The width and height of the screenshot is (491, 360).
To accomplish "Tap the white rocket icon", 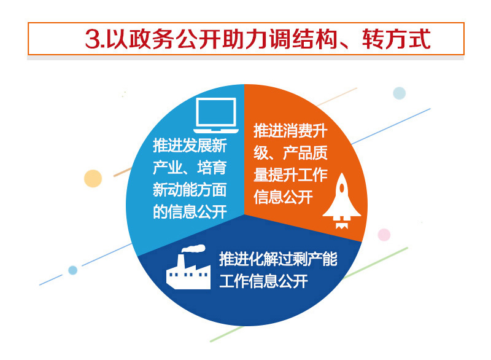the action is click(x=342, y=200).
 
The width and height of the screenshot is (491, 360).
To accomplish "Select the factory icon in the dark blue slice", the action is click(x=188, y=267).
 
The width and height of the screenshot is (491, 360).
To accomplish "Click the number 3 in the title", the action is click(x=93, y=39).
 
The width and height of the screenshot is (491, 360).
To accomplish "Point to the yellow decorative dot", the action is click(x=93, y=179).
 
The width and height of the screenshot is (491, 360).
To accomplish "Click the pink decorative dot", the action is click(x=384, y=235).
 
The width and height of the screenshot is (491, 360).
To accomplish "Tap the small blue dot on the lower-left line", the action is click(x=72, y=270).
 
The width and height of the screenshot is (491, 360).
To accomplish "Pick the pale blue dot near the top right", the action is click(x=400, y=93).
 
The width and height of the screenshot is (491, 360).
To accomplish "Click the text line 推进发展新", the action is click(x=190, y=146).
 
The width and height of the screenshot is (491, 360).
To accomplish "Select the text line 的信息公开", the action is click(x=190, y=212).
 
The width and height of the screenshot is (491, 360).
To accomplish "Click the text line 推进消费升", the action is click(x=290, y=130).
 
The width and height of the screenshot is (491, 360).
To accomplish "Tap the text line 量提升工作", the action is click(x=290, y=175).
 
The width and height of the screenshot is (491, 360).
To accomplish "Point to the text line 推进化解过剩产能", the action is click(x=278, y=259).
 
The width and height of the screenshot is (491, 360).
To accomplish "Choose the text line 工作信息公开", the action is click(x=263, y=281).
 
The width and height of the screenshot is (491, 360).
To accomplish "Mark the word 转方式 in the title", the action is click(x=396, y=39).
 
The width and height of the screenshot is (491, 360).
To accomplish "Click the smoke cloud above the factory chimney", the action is click(x=194, y=248).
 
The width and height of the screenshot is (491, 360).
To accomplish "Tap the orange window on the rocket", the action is click(x=342, y=188).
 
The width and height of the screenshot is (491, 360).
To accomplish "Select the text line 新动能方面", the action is click(x=190, y=190).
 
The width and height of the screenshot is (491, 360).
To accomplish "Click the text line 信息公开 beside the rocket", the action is click(x=283, y=197).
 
